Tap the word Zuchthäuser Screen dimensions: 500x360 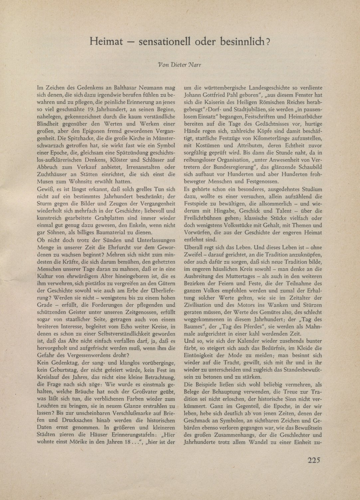pyautogui.click(x=51, y=174)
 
